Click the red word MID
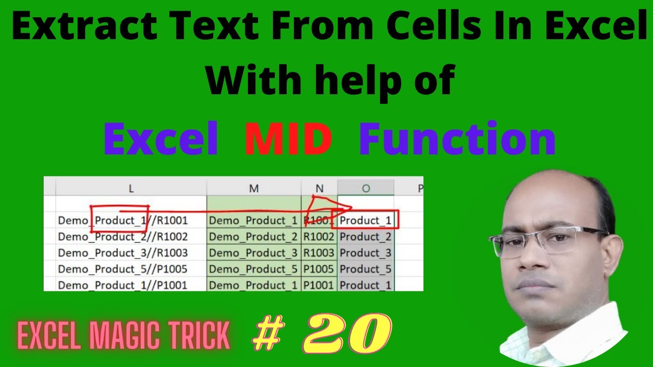pos(288,139)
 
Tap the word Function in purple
pos(457,139)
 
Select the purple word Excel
pos(161,139)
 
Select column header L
pos(131,189)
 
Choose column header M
pos(254,189)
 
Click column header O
pos(366,189)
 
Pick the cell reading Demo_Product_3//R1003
pos(123,253)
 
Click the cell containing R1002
pos(319,237)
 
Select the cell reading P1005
pos(319,269)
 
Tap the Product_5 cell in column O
pos(365,269)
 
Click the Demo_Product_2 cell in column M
pos(253,237)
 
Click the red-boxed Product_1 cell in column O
pos(365,220)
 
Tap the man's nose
pos(538,260)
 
